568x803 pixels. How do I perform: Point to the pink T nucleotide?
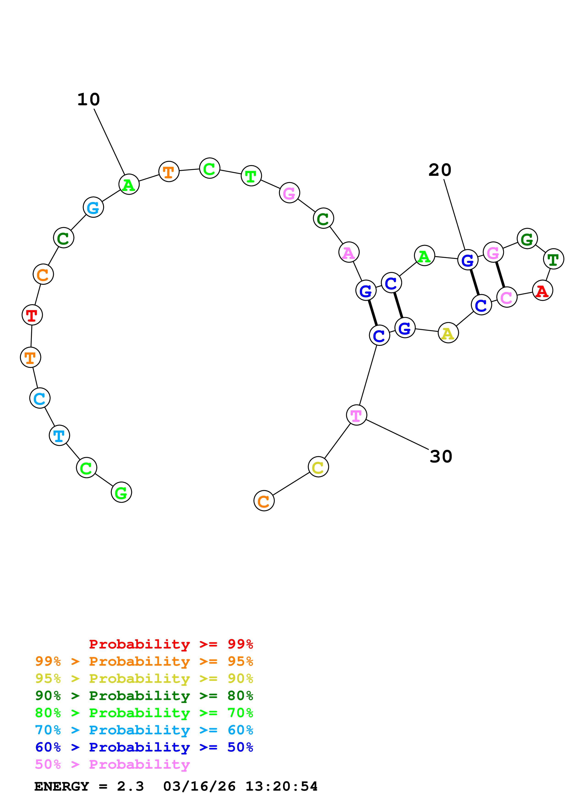[x=356, y=415]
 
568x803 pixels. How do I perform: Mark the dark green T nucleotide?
[x=553, y=259]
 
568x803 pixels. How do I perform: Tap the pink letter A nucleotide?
[x=349, y=252]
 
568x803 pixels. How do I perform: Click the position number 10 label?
[x=88, y=100]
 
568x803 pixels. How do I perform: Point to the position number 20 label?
[x=440, y=170]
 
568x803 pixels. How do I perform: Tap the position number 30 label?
[x=441, y=456]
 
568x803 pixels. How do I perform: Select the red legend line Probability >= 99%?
[x=171, y=644]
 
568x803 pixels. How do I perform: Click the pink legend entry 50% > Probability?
[x=112, y=765]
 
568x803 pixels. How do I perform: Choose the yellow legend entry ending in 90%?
[x=144, y=678]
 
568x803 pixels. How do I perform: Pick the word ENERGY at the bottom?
[x=62, y=787]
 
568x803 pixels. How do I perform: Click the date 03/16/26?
[x=200, y=787]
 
